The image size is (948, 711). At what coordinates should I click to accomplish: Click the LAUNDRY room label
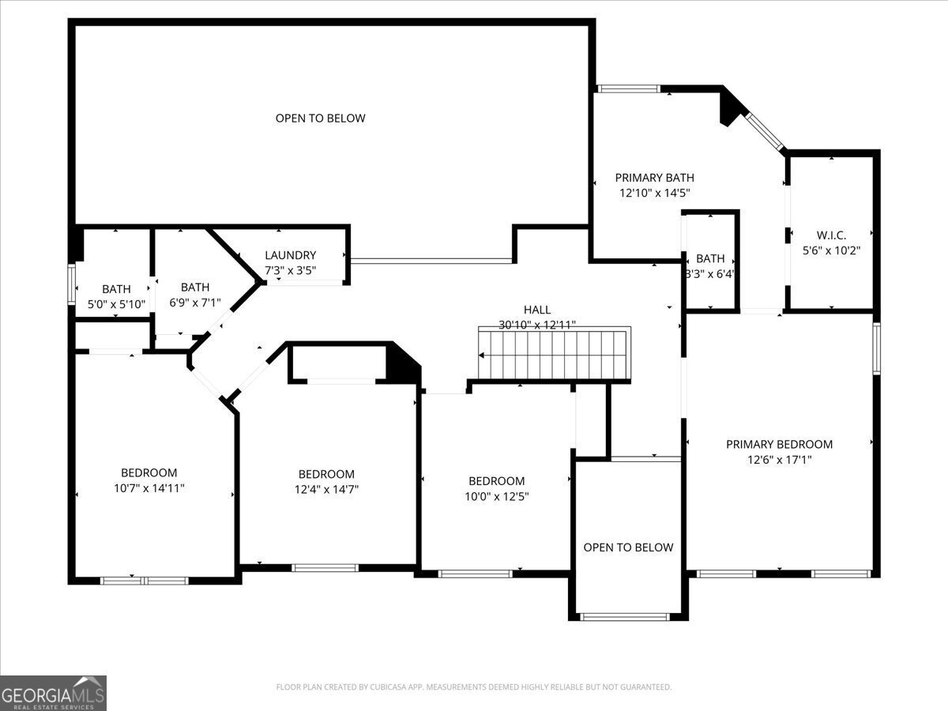point(290,255)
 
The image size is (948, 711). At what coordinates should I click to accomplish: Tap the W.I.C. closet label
point(831,235)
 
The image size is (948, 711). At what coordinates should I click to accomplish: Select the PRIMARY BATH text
point(654,178)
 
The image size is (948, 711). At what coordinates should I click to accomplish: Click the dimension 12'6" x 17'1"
point(779,459)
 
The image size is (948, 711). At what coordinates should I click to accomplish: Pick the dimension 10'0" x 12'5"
point(496,496)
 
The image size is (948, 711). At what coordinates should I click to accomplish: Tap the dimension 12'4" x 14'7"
point(325,489)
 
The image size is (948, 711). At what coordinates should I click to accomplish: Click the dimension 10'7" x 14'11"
point(149,488)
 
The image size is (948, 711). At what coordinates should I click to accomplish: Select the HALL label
point(536,310)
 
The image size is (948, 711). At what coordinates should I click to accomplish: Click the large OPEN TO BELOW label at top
point(320,118)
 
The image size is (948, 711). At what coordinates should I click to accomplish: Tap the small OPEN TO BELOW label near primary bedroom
point(628,547)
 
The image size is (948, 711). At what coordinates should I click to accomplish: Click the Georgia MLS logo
point(53,693)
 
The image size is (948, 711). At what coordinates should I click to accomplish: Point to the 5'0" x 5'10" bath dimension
point(116,303)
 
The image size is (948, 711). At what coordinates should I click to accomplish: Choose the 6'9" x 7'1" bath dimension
point(194,302)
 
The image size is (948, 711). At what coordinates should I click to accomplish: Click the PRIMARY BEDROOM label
point(779,444)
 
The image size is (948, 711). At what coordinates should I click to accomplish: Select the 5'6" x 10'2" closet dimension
point(831,250)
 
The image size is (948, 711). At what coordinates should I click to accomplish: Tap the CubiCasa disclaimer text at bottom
point(474,687)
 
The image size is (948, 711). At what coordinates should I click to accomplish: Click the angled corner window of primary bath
point(765,131)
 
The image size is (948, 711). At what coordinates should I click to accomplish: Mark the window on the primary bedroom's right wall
point(875,348)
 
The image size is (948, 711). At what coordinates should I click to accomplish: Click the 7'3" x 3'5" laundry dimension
point(290,270)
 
